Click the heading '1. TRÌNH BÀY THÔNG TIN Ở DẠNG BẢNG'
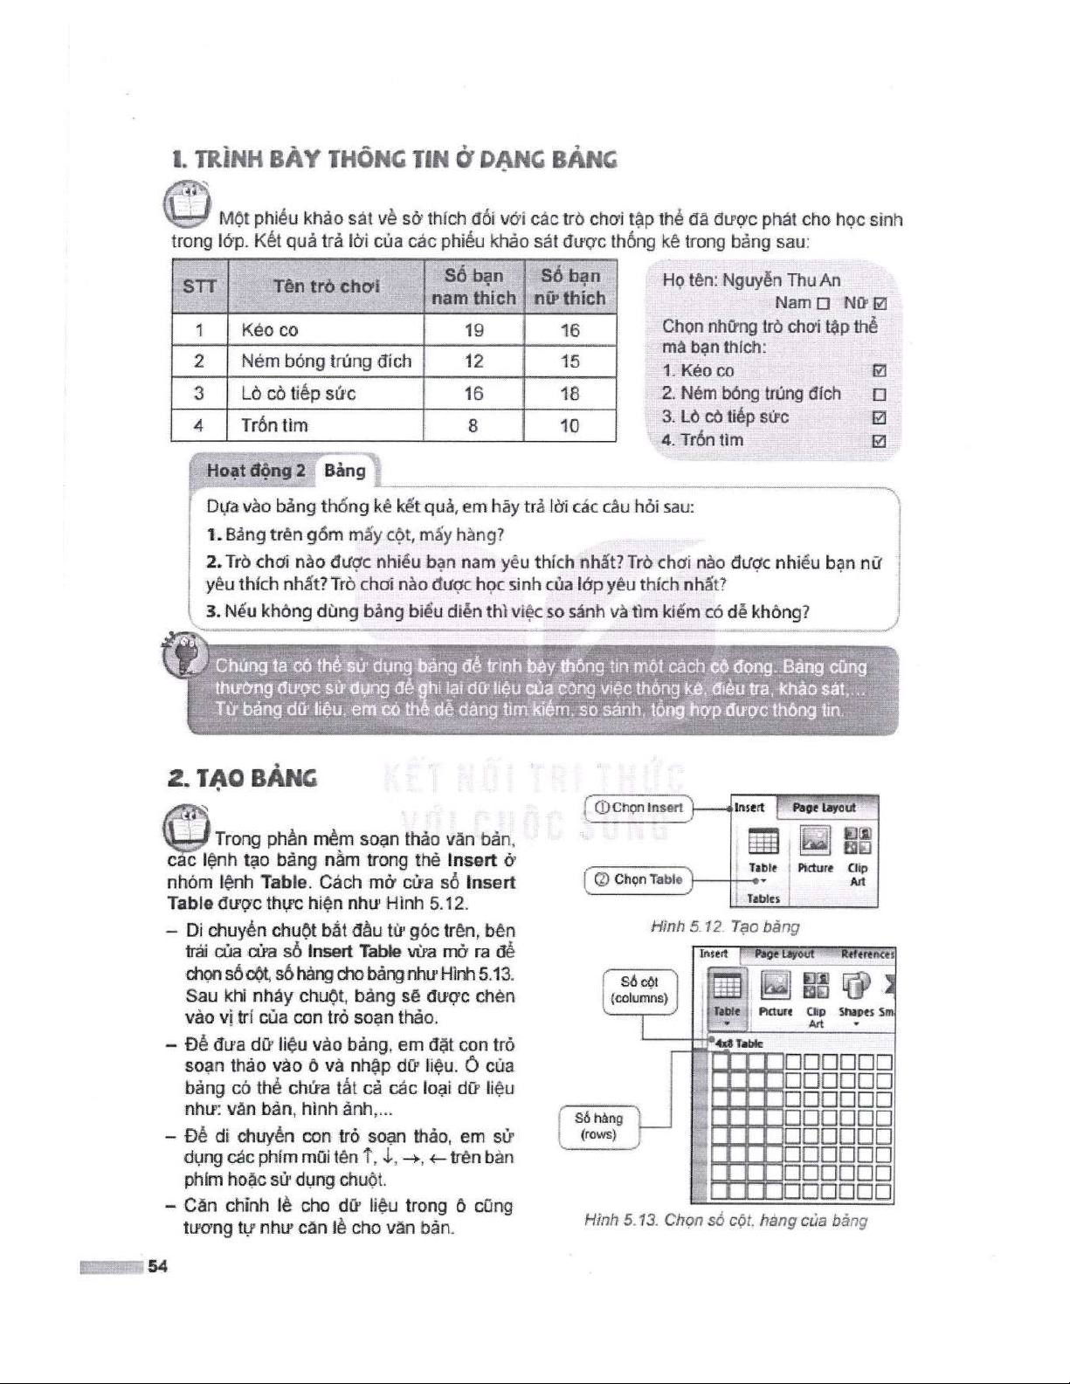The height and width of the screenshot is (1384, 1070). [395, 160]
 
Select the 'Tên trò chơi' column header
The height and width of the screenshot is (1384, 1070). [326, 286]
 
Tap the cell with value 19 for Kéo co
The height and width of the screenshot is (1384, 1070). [473, 330]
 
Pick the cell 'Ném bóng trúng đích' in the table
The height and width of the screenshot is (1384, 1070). [326, 361]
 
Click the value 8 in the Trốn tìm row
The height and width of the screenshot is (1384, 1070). [473, 426]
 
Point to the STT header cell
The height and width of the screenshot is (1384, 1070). [199, 286]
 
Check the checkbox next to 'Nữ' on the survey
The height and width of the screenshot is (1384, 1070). [880, 304]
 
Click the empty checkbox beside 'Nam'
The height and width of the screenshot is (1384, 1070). [822, 304]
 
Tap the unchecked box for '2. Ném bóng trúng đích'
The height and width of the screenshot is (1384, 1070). [880, 395]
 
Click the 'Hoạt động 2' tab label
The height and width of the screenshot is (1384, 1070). [256, 472]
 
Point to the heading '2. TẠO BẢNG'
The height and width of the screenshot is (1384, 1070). [242, 778]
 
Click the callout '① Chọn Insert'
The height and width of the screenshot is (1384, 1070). [639, 808]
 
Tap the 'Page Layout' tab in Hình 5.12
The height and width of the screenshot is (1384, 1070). [823, 808]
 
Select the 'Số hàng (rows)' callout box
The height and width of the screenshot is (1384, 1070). [598, 1126]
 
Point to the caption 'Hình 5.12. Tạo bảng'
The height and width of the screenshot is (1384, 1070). [725, 926]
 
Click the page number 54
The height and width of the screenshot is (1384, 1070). [157, 1267]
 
